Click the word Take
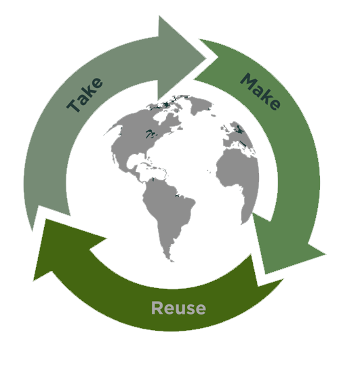(x=85, y=95)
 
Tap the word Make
(x=260, y=91)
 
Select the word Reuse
(x=178, y=308)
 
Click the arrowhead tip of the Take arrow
(x=205, y=58)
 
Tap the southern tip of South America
(x=172, y=261)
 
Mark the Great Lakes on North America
(x=151, y=134)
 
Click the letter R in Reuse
(x=157, y=308)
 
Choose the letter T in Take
(x=73, y=106)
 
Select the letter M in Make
(x=248, y=81)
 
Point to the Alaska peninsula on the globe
(x=113, y=129)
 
